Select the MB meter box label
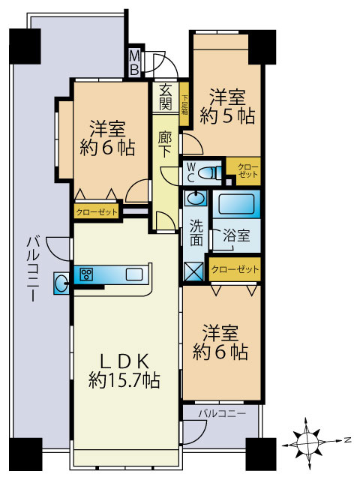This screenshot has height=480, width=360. tap(134, 63)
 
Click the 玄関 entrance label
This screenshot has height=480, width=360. tap(166, 96)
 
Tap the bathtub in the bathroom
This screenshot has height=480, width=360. tap(235, 203)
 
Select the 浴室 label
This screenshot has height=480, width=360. tap(237, 235)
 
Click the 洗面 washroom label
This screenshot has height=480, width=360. tap(196, 232)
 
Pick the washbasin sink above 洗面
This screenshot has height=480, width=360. tap(196, 199)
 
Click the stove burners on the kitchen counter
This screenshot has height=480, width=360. tap(87, 274)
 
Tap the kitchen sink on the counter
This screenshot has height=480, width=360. tap(134, 274)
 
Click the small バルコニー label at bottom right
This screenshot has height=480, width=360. tap(222, 413)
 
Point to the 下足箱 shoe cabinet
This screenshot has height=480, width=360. tap(184, 104)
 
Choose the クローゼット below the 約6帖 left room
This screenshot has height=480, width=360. tap(97, 212)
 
